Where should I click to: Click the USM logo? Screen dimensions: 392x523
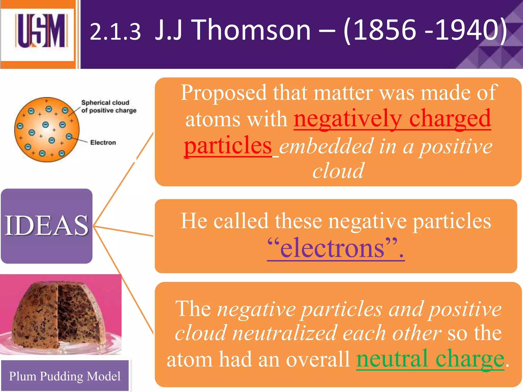point(41,31)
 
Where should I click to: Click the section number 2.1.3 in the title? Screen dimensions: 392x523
point(115,32)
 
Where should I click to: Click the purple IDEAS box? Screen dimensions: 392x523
point(46,226)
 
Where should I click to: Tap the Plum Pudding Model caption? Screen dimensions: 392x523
point(65,376)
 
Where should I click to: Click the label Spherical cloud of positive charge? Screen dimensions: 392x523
point(109,106)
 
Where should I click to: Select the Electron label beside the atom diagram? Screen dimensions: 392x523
point(103,142)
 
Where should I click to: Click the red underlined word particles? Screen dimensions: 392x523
point(228,145)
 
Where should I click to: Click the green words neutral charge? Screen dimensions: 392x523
point(430,359)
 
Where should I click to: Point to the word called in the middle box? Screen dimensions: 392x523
point(241,221)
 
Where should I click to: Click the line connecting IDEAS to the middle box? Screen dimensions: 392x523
point(124,231)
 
